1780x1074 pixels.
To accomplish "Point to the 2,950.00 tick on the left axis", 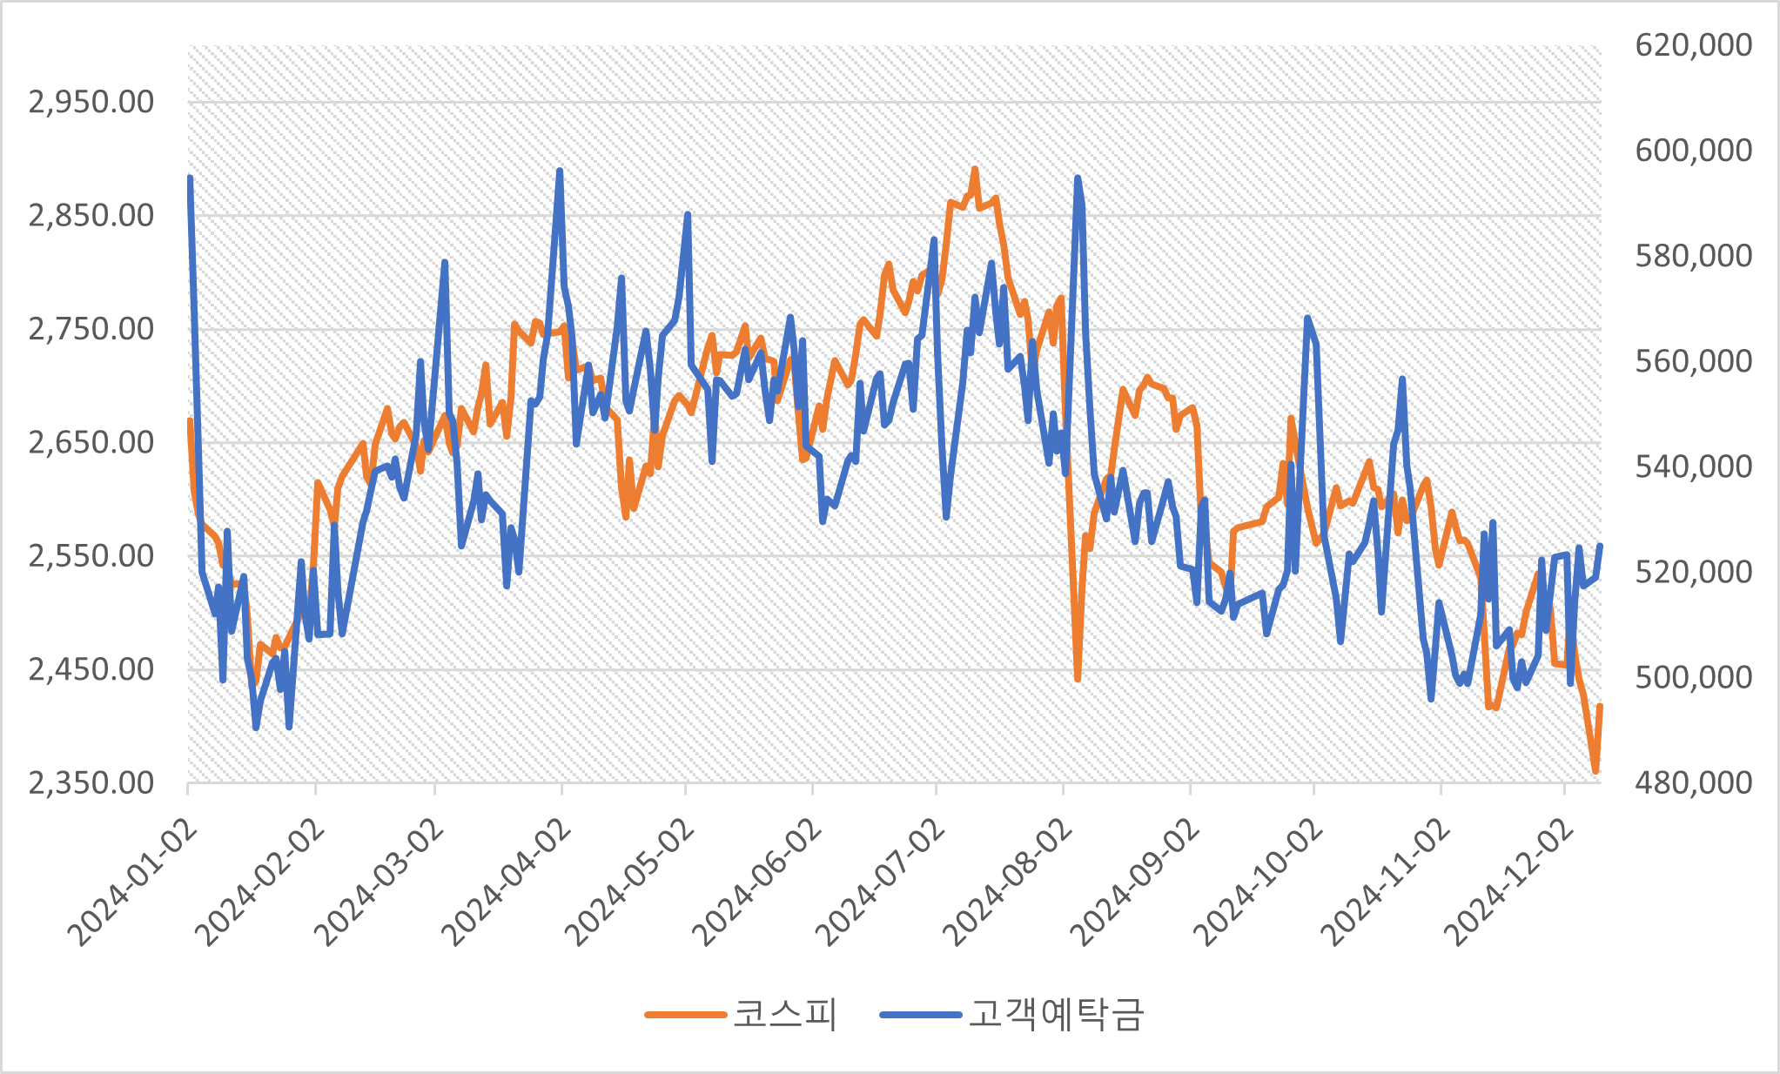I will pos(91,102).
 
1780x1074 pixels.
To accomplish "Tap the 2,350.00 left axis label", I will pos(91,783).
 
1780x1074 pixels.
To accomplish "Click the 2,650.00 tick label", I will pos(91,442).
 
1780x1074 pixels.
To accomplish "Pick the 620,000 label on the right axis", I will pos(1693,45).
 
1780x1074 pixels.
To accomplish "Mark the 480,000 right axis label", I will pos(1693,783).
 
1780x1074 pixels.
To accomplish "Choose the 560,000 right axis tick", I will pos(1693,361).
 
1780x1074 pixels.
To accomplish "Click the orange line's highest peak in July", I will pos(975,170).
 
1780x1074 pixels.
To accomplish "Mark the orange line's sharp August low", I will pos(1078,678).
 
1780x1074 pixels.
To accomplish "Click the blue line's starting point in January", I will pos(190,178).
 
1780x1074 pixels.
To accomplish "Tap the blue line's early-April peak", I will pos(560,171).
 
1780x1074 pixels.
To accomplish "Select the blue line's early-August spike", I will pos(1078,178).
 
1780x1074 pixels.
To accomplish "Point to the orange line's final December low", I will pos(1595,770).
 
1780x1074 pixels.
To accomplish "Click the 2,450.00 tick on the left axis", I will pos(91,669).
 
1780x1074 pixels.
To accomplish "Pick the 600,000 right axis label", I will pos(1693,151).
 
